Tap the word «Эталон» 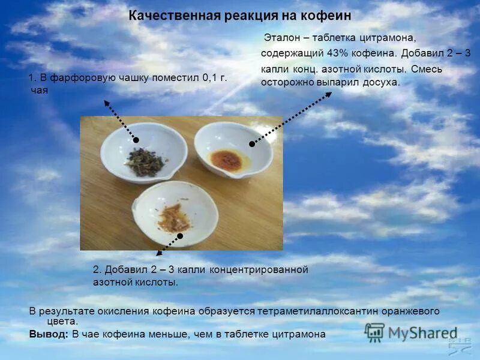pyautogui.click(x=282, y=38)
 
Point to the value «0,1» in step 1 pyautogui.click(x=209, y=78)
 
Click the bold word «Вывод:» pyautogui.click(x=49, y=334)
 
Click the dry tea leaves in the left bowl pyautogui.click(x=145, y=161)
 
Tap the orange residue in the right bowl pyautogui.click(x=227, y=159)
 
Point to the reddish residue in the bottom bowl pyautogui.click(x=175, y=217)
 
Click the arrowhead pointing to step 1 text pyautogui.click(x=106, y=102)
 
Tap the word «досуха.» pyautogui.click(x=381, y=82)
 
